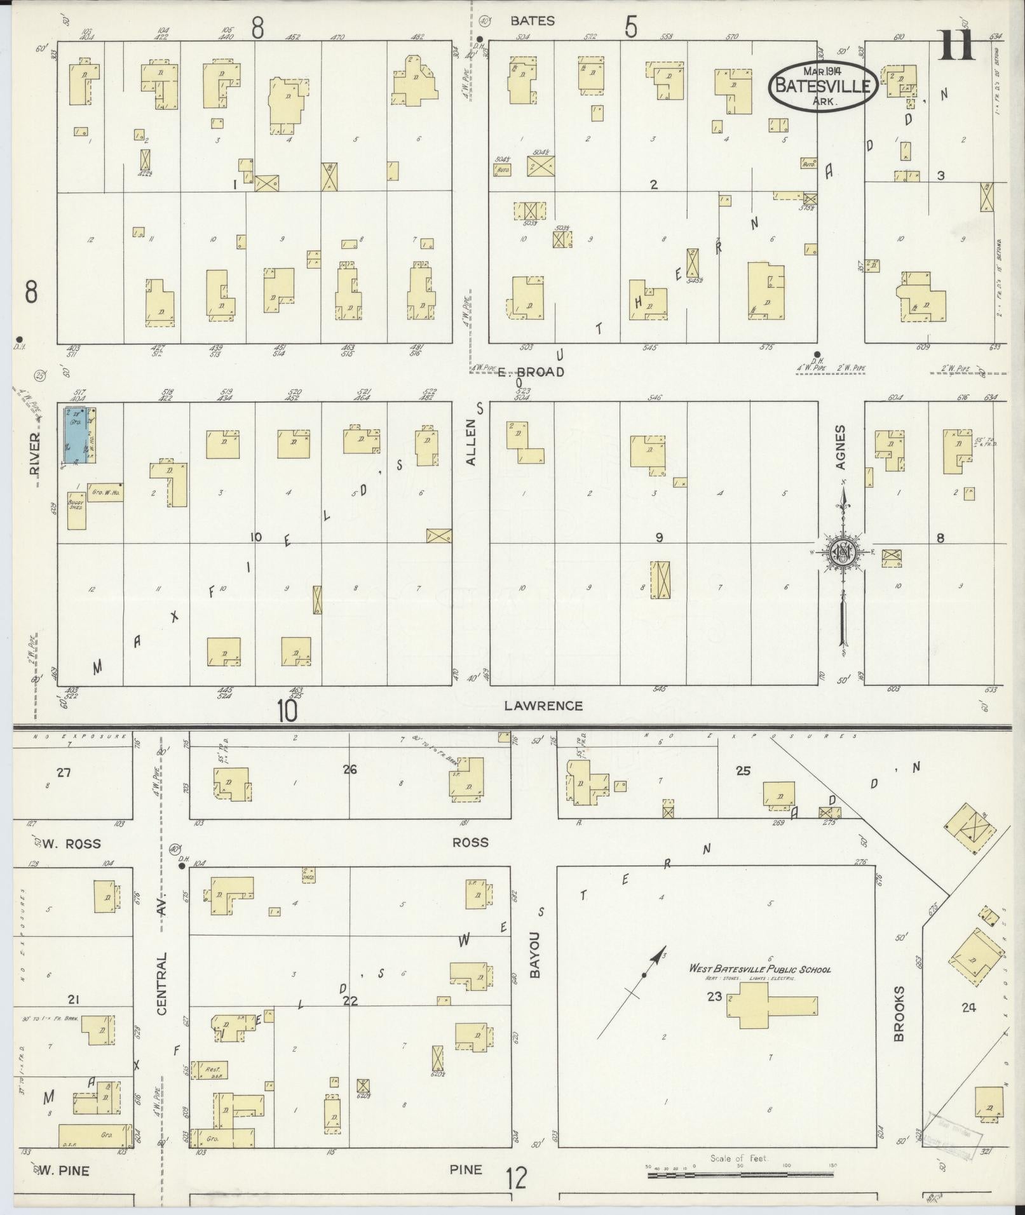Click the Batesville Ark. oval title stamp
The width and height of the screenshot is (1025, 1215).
[824, 87]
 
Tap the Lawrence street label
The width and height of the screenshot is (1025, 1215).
[543, 706]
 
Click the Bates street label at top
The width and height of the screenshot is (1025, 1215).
[533, 21]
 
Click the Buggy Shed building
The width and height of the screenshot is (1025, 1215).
[77, 511]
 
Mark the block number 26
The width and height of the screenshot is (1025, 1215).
[350, 770]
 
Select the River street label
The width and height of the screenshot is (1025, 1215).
[34, 453]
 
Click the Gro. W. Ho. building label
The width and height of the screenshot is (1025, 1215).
[105, 492]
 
